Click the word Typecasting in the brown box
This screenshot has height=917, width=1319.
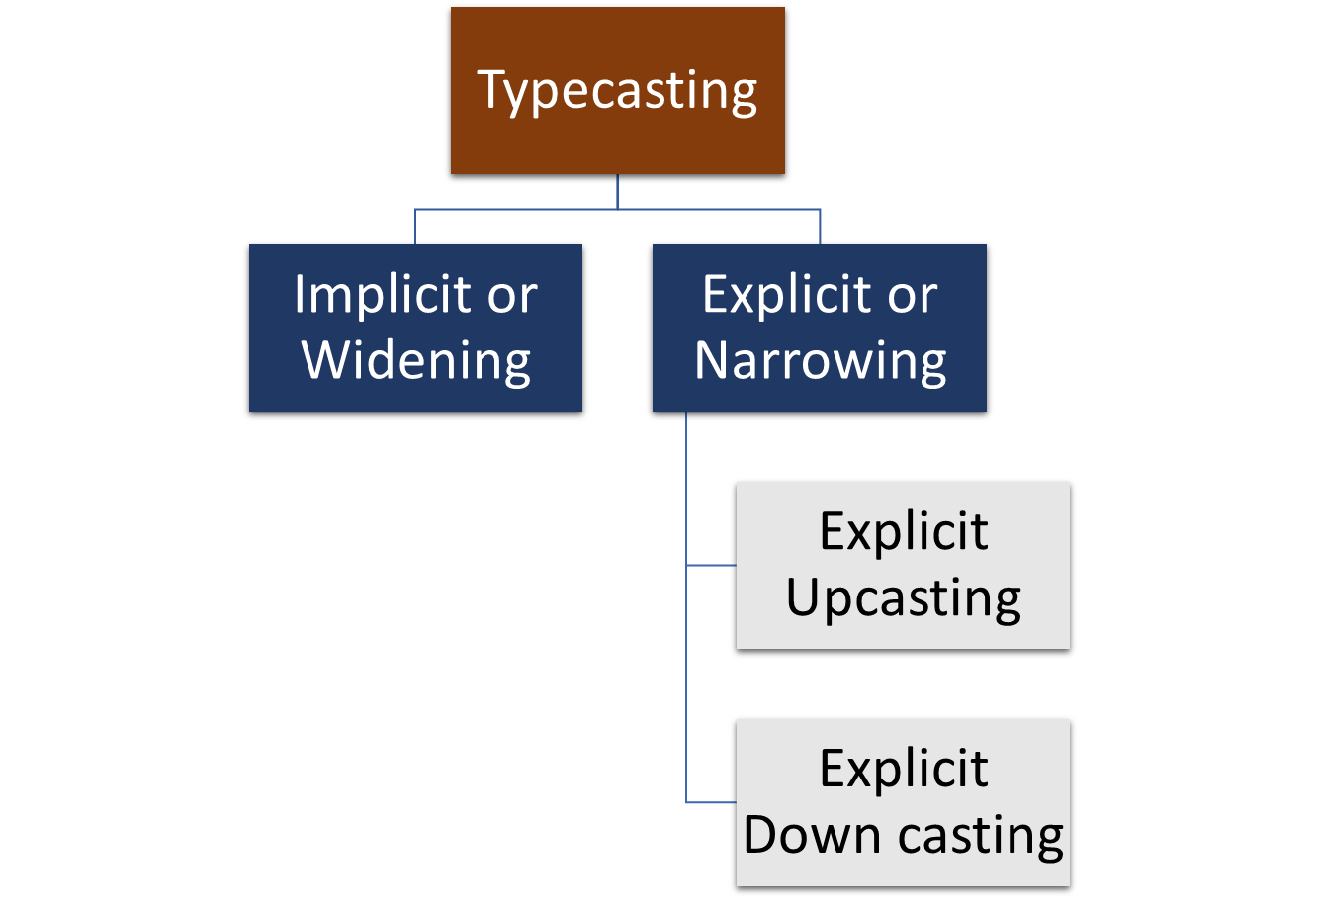click(x=617, y=91)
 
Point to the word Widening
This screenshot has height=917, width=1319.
click(x=416, y=360)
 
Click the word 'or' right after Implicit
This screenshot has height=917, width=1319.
click(x=511, y=296)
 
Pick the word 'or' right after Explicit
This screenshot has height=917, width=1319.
click(x=911, y=296)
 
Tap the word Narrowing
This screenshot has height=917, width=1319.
click(x=820, y=360)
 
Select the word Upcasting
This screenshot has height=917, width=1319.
click(x=903, y=598)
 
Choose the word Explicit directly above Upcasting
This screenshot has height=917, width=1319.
click(x=903, y=531)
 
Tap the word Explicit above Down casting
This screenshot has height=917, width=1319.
click(x=903, y=769)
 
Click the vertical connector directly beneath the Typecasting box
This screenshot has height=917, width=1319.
click(x=617, y=191)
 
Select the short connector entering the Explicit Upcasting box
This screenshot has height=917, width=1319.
click(x=711, y=565)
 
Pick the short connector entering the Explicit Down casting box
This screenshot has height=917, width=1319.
click(x=711, y=802)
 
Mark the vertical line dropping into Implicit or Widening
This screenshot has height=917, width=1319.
click(x=415, y=227)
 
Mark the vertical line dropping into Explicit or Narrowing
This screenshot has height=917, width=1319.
click(x=820, y=227)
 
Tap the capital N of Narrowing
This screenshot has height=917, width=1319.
click(x=715, y=360)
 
